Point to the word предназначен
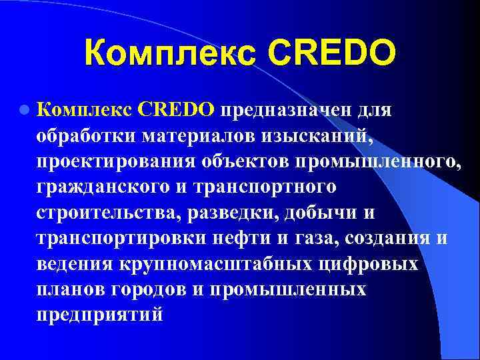tap(289, 109)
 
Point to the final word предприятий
tap(100, 315)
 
